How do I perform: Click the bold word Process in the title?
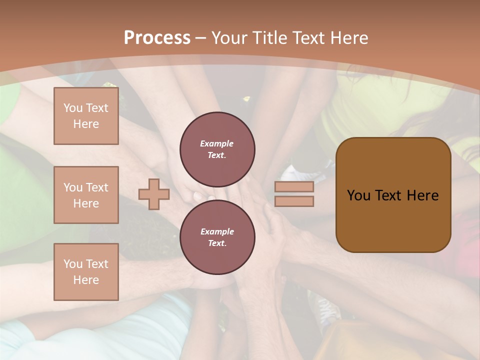[x=157, y=38]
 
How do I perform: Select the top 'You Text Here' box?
[x=86, y=116]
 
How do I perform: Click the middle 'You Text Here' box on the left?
[x=86, y=195]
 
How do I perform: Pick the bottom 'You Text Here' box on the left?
[x=86, y=272]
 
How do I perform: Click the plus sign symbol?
[x=154, y=194]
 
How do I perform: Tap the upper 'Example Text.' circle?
[x=217, y=149]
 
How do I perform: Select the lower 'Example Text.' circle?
[x=217, y=237]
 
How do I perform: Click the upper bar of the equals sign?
[x=294, y=186]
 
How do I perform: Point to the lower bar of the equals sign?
[x=294, y=201]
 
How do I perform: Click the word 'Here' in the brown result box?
[x=422, y=195]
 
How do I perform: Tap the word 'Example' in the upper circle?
[x=217, y=144]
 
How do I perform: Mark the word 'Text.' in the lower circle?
[x=217, y=243]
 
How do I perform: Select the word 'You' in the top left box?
[x=73, y=108]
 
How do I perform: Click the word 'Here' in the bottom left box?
[x=86, y=280]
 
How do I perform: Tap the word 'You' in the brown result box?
[x=358, y=195]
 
